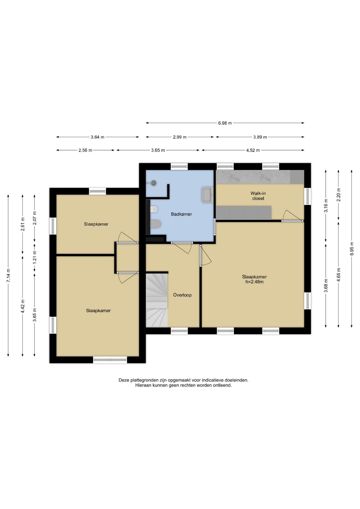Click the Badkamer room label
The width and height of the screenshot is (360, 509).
pyautogui.click(x=181, y=214)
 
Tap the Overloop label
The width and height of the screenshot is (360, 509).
pyautogui.click(x=182, y=295)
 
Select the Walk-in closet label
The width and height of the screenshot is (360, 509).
pyautogui.click(x=258, y=196)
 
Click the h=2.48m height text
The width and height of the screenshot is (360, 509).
pyautogui.click(x=254, y=282)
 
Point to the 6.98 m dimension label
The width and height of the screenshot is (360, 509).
pyautogui.click(x=225, y=123)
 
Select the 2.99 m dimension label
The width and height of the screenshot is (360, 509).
pyautogui.click(x=179, y=137)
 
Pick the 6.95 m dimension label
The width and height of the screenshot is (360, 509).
pyautogui.click(x=352, y=249)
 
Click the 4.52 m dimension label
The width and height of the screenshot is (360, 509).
pyautogui.click(x=253, y=150)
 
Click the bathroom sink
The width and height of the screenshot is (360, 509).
pyautogui.click(x=207, y=195)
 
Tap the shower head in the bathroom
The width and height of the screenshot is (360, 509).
pyautogui.click(x=153, y=183)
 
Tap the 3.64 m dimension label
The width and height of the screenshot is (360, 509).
pyautogui.click(x=97, y=137)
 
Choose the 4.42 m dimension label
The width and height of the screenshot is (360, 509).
pyautogui.click(x=23, y=306)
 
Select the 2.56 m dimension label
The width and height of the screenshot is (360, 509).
pyautogui.click(x=85, y=150)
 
